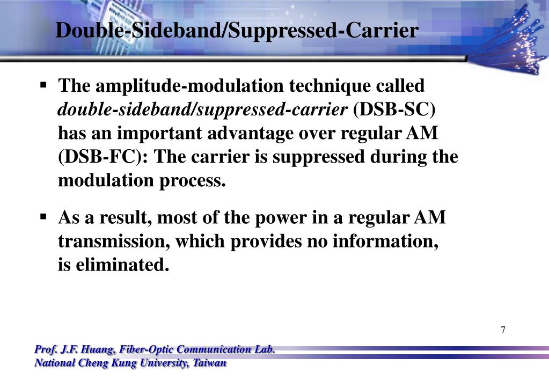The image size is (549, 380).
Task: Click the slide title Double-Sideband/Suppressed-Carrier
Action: (x=237, y=30)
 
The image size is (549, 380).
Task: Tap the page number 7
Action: (x=503, y=330)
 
